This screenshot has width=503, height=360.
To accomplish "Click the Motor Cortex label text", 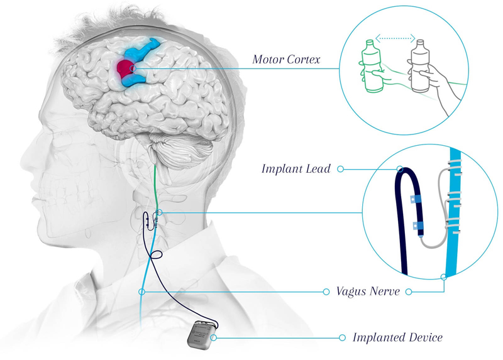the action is [x=286, y=59].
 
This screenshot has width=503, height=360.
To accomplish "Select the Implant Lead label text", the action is [x=296, y=169].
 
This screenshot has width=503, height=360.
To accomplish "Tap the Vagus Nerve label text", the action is [x=368, y=292].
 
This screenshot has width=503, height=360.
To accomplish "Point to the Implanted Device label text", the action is [x=397, y=337].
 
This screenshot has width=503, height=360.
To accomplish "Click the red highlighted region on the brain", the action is [x=125, y=68].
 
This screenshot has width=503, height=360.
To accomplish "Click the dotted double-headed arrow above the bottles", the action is [x=395, y=38].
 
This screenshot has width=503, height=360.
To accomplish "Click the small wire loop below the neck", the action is [x=155, y=255].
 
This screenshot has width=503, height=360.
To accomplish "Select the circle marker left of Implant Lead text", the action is [x=340, y=169].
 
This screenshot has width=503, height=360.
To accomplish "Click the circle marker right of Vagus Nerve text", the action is [x=408, y=292].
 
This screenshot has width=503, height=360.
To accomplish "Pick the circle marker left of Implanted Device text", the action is [x=342, y=337].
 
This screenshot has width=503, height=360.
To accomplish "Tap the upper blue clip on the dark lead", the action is [x=415, y=199].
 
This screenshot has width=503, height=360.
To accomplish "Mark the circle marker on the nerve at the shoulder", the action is [x=141, y=292].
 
